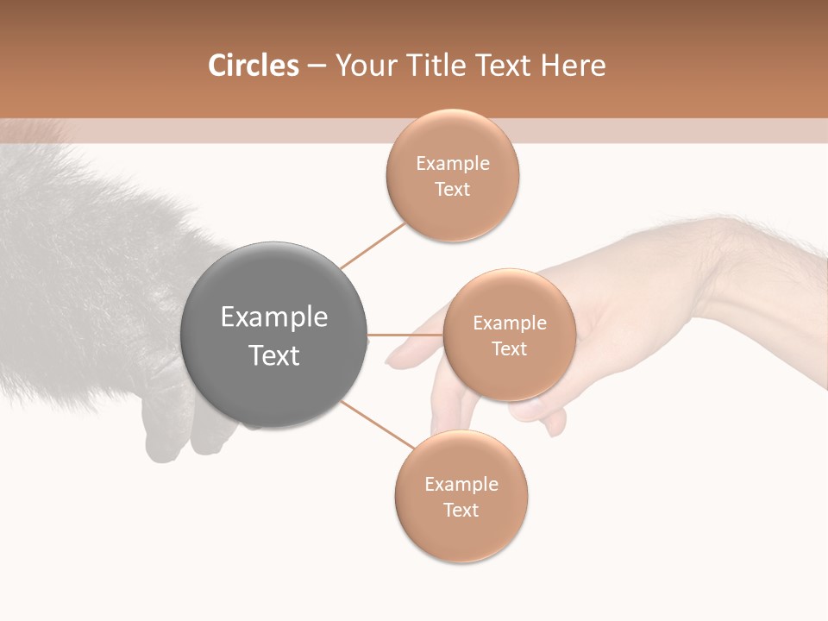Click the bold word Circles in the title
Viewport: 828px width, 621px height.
(x=253, y=66)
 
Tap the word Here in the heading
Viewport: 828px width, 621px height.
(x=573, y=66)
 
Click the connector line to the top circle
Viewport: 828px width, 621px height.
(x=373, y=245)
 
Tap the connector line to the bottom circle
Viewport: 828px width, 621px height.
(x=378, y=425)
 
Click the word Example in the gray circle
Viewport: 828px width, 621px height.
(x=274, y=317)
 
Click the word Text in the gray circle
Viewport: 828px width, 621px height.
(x=274, y=355)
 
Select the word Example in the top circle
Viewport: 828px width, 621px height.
(x=453, y=163)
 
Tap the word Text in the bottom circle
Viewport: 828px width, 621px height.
(x=461, y=510)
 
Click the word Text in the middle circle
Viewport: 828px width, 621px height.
(x=509, y=348)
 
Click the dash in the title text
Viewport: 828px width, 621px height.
(x=317, y=66)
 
